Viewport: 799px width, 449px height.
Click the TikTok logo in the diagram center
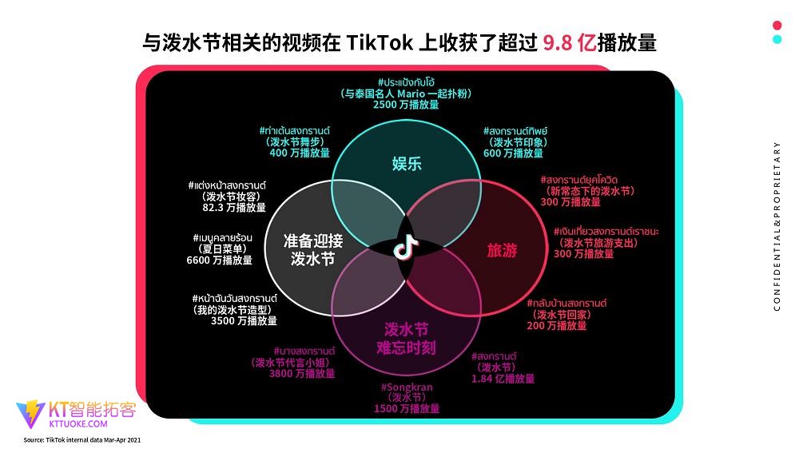click(406, 248)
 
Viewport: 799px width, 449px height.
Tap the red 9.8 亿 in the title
click(569, 43)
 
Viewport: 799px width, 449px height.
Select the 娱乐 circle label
click(407, 164)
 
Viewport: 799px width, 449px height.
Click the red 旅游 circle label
click(502, 250)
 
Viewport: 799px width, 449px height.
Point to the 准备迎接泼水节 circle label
click(313, 250)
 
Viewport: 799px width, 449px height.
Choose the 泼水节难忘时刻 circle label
click(406, 339)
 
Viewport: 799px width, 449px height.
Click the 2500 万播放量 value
click(406, 105)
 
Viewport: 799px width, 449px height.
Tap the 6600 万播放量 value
click(219, 260)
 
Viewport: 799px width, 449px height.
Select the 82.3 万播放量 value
click(234, 208)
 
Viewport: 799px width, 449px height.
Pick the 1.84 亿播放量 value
click(503, 378)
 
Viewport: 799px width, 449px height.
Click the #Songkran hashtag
click(407, 387)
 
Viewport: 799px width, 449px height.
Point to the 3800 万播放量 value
click(302, 374)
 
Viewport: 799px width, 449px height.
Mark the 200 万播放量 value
click(556, 325)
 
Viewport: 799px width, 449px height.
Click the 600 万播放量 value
click(513, 153)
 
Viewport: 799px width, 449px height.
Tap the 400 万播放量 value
click(300, 153)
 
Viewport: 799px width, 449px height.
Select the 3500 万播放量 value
click(244, 320)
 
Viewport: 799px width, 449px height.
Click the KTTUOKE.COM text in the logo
click(78, 423)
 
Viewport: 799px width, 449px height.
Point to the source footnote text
click(82, 440)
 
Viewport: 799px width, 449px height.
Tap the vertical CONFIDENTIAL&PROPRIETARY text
click(777, 226)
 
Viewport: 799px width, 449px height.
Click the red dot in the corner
click(777, 26)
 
